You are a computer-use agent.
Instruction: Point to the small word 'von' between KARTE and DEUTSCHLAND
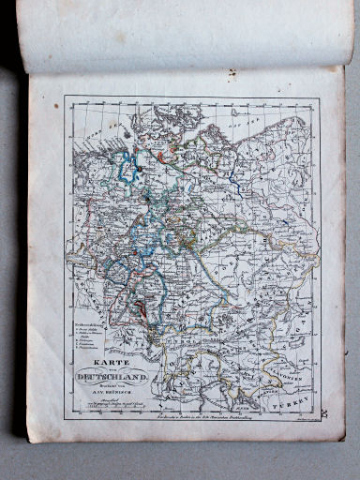[110, 367]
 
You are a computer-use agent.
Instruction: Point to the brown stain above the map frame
[231, 73]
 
